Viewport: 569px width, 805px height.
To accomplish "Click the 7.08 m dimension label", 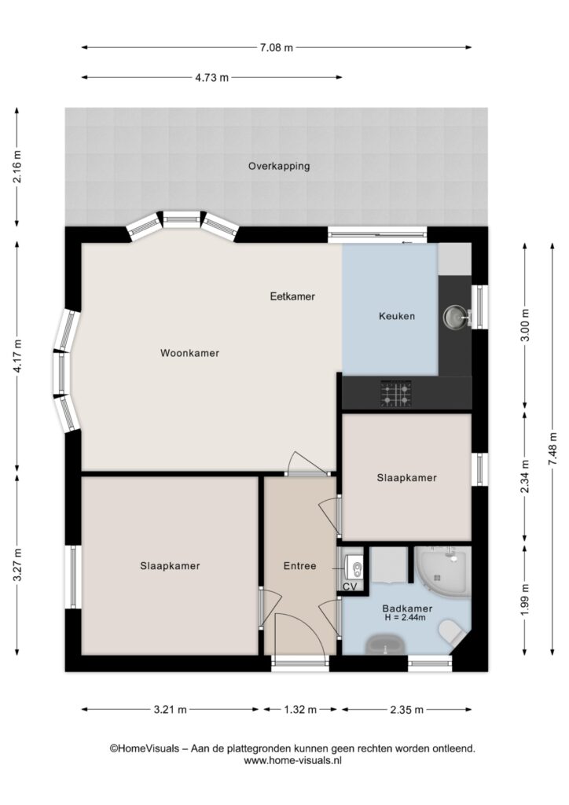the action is (x=276, y=48).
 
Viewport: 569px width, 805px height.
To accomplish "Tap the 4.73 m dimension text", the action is (x=211, y=78).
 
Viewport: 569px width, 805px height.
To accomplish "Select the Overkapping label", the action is (x=279, y=167).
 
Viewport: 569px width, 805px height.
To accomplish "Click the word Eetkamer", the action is (x=292, y=296).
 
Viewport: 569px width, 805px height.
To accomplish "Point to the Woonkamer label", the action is (x=190, y=353).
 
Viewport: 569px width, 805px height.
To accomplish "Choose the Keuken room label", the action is (x=397, y=316).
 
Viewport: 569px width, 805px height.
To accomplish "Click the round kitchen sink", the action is (x=454, y=317).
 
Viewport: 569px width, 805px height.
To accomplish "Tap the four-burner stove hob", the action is (x=395, y=394).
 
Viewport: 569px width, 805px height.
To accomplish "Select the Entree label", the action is (x=299, y=566).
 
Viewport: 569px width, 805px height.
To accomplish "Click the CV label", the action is (x=350, y=586).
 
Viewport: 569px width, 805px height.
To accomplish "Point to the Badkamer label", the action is (x=407, y=608).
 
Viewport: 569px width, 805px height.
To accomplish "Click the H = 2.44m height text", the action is (x=406, y=618).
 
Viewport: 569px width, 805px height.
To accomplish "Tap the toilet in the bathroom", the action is (x=452, y=631).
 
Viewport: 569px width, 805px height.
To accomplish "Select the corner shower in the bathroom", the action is (x=442, y=572).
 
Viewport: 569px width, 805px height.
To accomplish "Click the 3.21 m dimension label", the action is (x=171, y=710).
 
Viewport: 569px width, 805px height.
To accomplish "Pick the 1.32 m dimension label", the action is (x=300, y=710).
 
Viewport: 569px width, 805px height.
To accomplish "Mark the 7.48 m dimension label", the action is (x=552, y=449).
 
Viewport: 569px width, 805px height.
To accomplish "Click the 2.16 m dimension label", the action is (x=17, y=167).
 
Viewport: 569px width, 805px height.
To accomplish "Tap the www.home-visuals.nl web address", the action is (x=292, y=761).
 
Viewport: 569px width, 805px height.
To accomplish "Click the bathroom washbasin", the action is (x=385, y=645).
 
